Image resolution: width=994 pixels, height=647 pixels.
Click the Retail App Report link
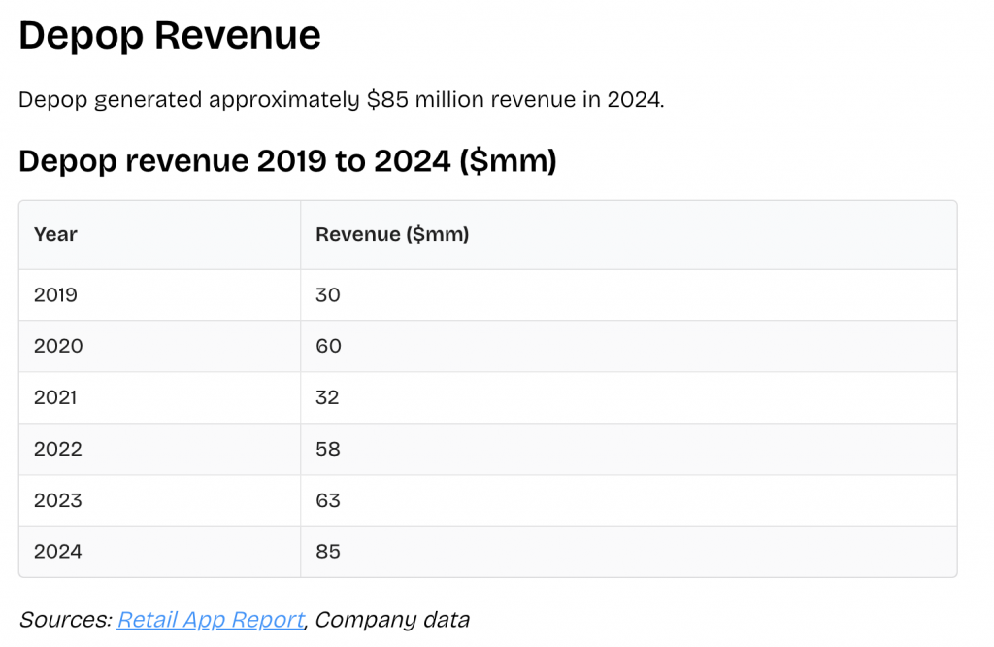(211, 620)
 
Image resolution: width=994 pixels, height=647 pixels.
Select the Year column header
(55, 234)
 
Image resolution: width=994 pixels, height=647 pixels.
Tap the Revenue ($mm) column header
(392, 234)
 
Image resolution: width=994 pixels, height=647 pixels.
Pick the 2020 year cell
(58, 346)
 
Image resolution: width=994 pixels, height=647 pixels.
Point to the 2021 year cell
(55, 397)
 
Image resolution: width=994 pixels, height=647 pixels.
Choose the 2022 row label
(58, 449)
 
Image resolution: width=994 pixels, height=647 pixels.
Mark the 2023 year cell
(58, 500)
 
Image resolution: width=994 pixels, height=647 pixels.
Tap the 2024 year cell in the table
(58, 552)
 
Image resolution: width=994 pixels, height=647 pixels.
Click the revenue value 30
(328, 294)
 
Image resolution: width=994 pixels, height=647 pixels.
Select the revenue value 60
(329, 346)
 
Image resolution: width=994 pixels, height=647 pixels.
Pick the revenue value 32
(327, 397)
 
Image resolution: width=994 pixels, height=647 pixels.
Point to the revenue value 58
(328, 449)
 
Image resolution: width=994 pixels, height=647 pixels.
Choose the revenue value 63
(328, 500)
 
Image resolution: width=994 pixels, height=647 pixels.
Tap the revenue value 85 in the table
(328, 552)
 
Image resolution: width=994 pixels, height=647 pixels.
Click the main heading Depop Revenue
(170, 36)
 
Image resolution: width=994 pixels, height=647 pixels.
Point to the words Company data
(392, 620)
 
